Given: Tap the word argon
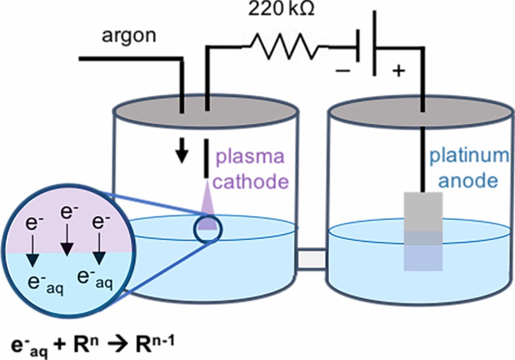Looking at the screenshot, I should tap(129, 36).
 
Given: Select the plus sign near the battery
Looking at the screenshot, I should tap(398, 71).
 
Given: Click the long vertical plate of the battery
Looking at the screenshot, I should tap(375, 42).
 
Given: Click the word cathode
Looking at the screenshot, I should tap(251, 182).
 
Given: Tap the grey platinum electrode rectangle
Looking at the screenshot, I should tap(423, 211).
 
